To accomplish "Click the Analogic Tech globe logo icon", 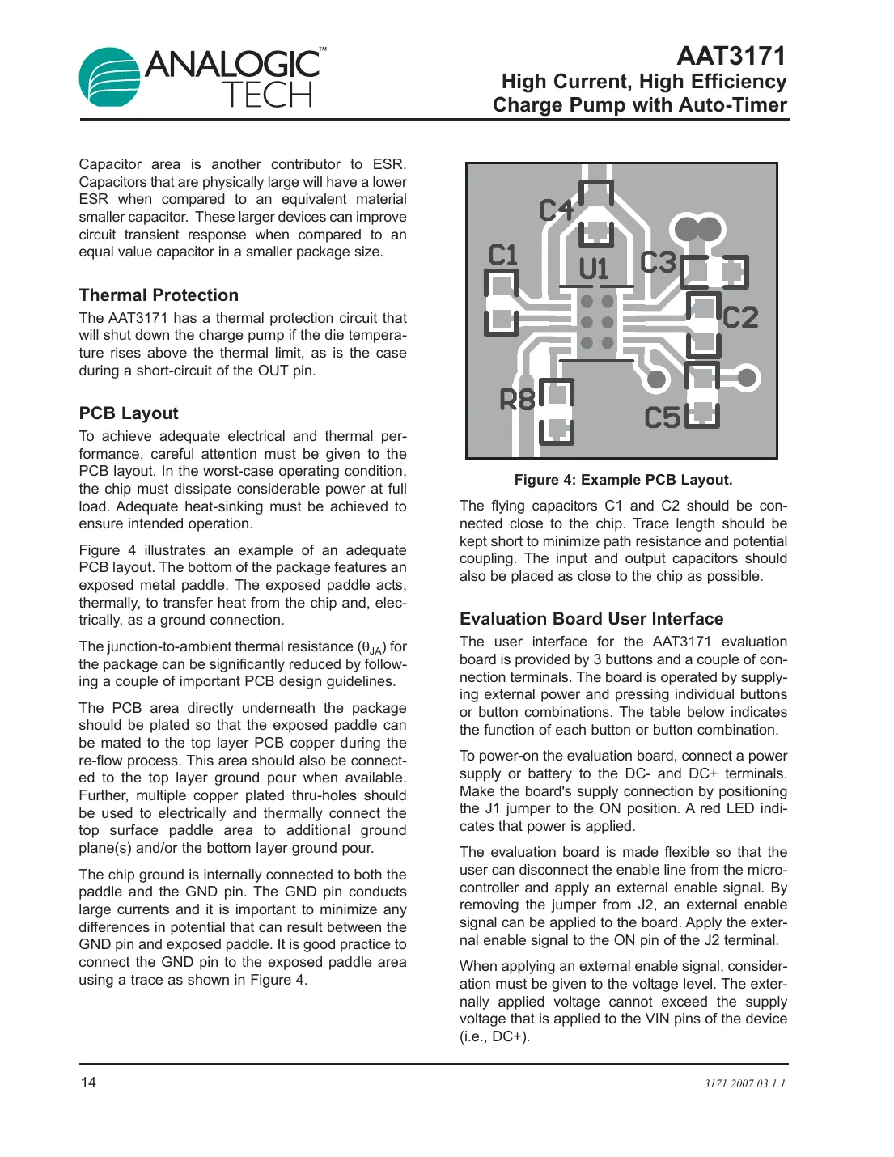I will click(x=110, y=77).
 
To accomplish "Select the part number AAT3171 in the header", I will click(x=731, y=56).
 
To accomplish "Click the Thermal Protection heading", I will click(x=159, y=295).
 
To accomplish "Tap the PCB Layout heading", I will click(x=129, y=413).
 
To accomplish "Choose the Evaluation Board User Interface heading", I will click(x=591, y=619).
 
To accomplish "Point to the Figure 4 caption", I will click(x=623, y=480).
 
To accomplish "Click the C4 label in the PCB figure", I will click(x=556, y=210).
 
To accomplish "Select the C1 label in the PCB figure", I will click(x=502, y=256).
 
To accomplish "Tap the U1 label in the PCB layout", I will click(x=593, y=269).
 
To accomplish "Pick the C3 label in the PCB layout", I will click(x=657, y=262).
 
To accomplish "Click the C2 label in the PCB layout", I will click(x=739, y=318).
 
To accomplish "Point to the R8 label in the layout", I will click(x=517, y=400).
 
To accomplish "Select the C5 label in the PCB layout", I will click(x=662, y=418).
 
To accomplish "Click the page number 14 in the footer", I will click(x=87, y=1083).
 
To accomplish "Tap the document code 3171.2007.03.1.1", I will click(x=744, y=1083).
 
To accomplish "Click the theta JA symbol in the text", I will click(x=372, y=648).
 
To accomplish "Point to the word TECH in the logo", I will click(x=266, y=95).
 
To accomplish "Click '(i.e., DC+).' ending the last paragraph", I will click(x=494, y=1036).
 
